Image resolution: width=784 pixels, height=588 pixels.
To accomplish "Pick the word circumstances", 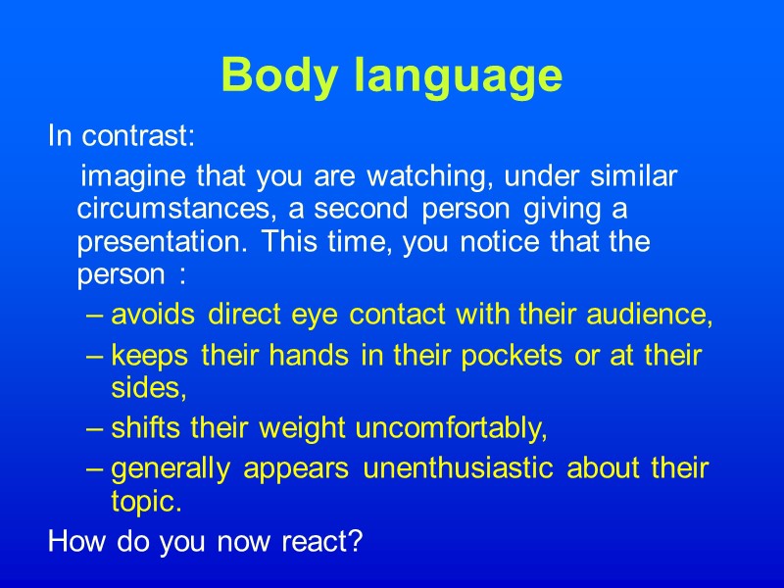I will click(161, 211).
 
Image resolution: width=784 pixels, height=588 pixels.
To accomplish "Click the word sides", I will click(149, 389).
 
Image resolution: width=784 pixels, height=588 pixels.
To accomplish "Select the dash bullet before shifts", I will click(93, 429).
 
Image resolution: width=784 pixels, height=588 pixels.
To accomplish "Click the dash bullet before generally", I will click(93, 469).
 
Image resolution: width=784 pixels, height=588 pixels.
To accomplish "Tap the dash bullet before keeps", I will click(93, 356).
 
